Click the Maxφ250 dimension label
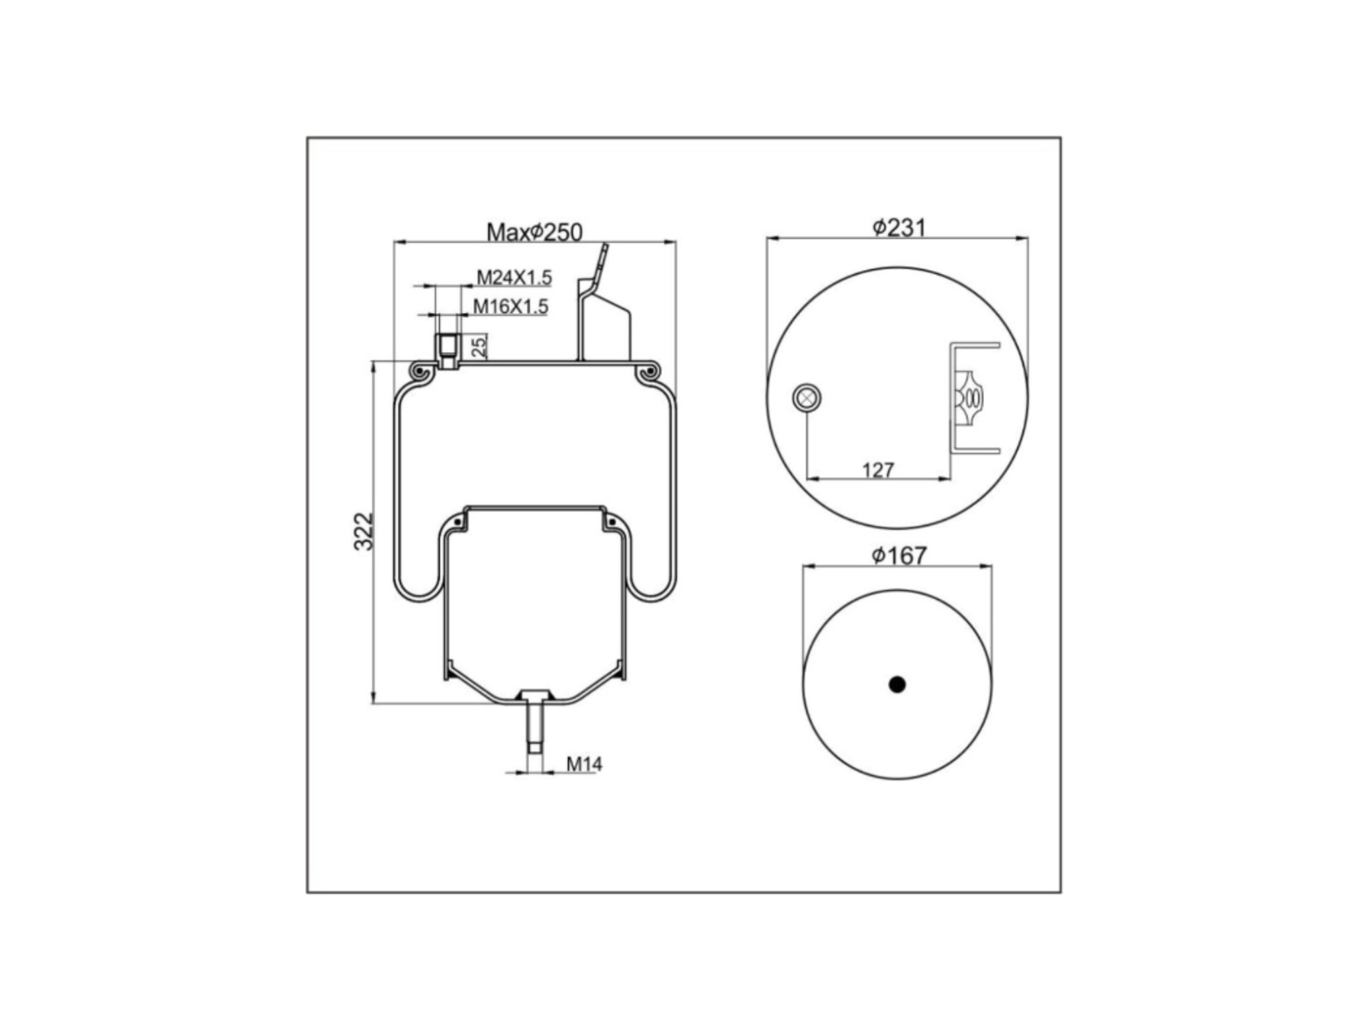click(x=534, y=232)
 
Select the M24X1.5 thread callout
click(x=513, y=277)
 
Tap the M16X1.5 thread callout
click(x=510, y=307)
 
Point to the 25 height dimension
click(x=479, y=346)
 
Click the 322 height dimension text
click(x=363, y=531)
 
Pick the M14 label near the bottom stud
click(x=584, y=764)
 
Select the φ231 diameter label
click(x=899, y=227)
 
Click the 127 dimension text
click(x=878, y=470)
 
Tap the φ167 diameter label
click(x=899, y=555)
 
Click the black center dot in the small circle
click(x=897, y=684)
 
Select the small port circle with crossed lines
click(x=807, y=398)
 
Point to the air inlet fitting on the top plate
click(x=447, y=351)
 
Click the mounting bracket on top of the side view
click(x=605, y=302)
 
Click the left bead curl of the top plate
click(x=420, y=373)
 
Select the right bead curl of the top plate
click(x=648, y=373)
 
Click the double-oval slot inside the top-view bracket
click(x=973, y=398)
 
